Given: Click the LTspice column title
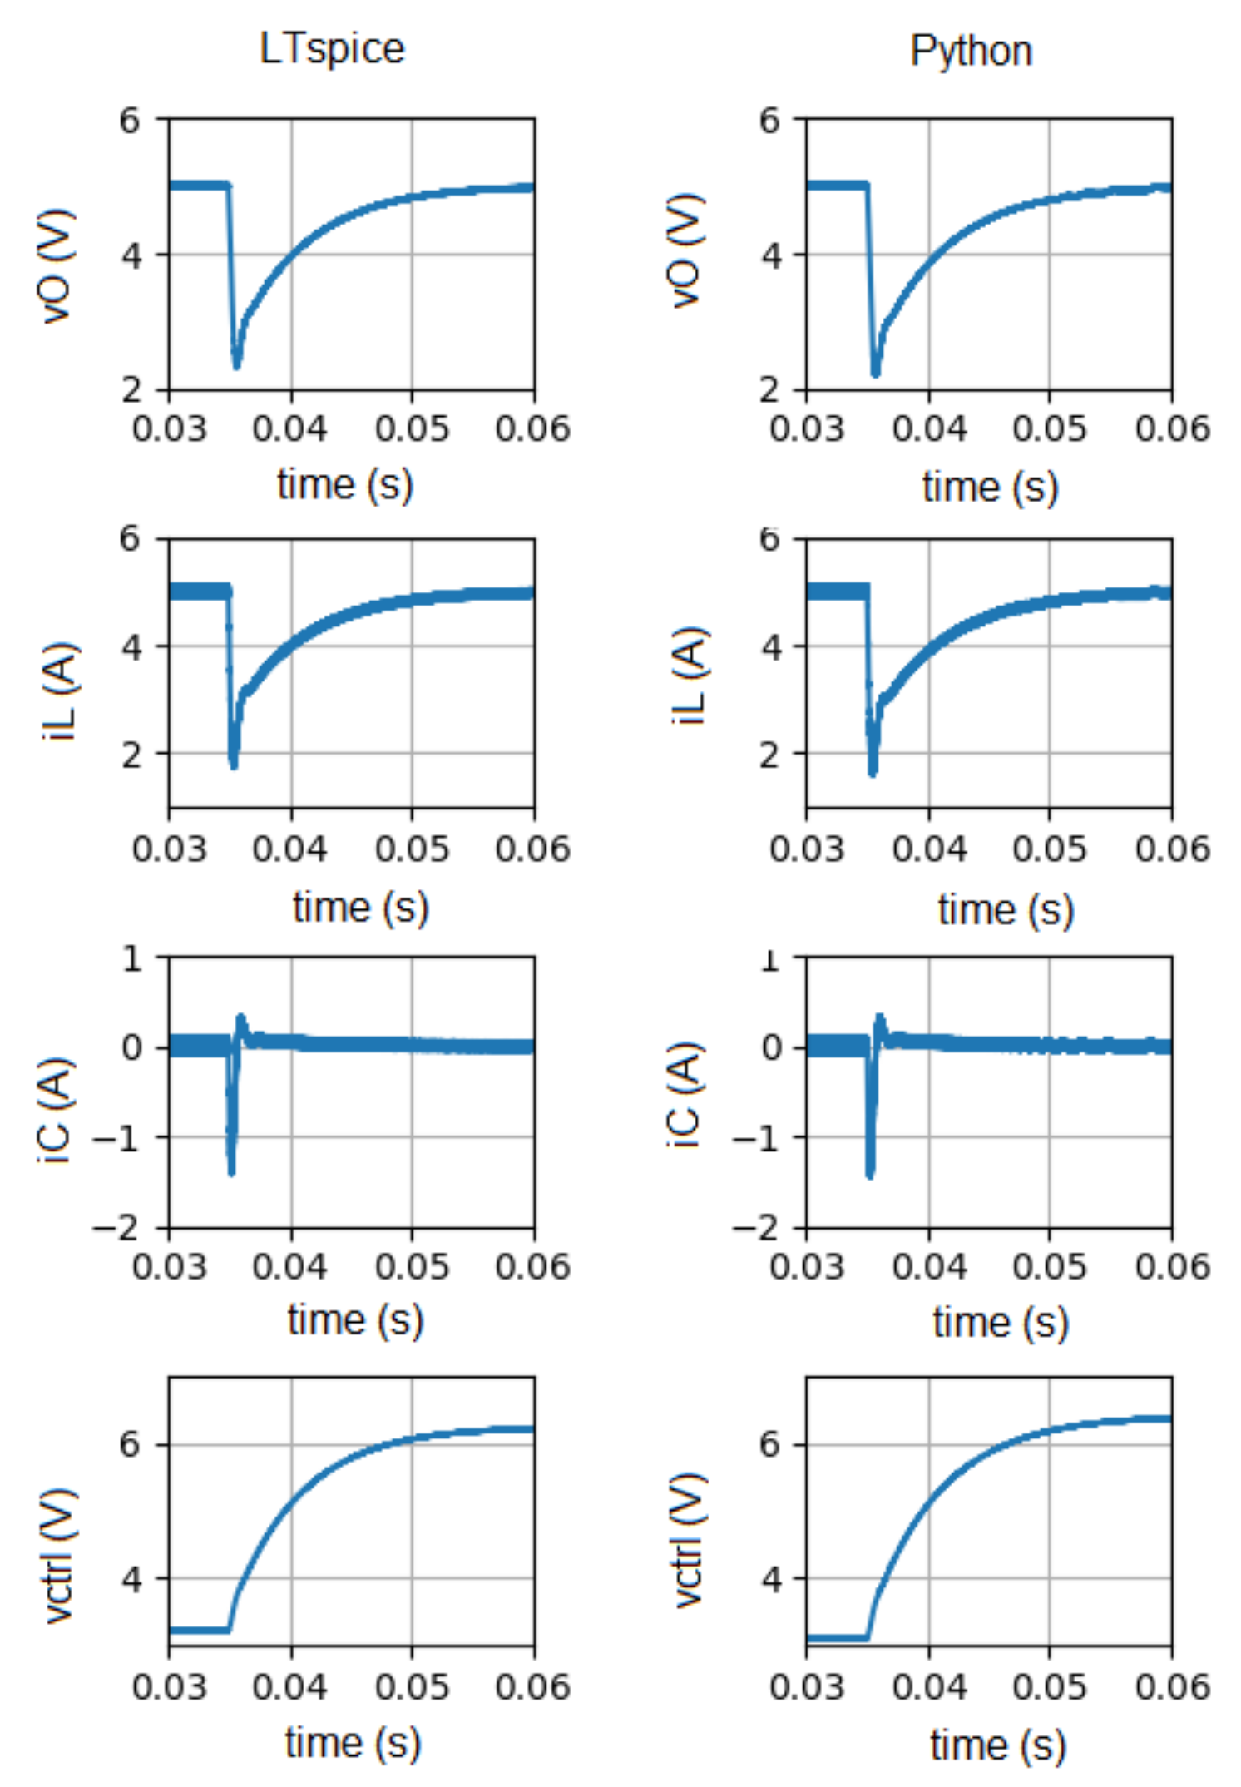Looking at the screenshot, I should coord(331,48).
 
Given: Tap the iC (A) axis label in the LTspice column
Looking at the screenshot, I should coord(57,1111).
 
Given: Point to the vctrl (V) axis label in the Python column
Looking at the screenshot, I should coord(689,1539).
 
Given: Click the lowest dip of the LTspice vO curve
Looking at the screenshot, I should coord(236,364).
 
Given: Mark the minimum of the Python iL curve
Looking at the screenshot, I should coord(873,773).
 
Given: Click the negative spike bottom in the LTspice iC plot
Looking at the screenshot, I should coord(231,1172).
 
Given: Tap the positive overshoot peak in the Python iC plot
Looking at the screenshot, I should coord(880,1017).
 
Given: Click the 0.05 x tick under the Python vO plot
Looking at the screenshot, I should coord(1049,428).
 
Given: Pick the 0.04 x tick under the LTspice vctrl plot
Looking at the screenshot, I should coord(290,1687).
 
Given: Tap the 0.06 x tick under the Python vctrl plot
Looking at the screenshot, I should coord(1172,1687).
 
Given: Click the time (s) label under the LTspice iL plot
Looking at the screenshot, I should coord(360,907).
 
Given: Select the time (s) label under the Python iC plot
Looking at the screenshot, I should coord(1000,1322).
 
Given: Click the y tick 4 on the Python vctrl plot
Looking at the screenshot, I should coord(771,1578).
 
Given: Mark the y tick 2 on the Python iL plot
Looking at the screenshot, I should coord(771,755).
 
